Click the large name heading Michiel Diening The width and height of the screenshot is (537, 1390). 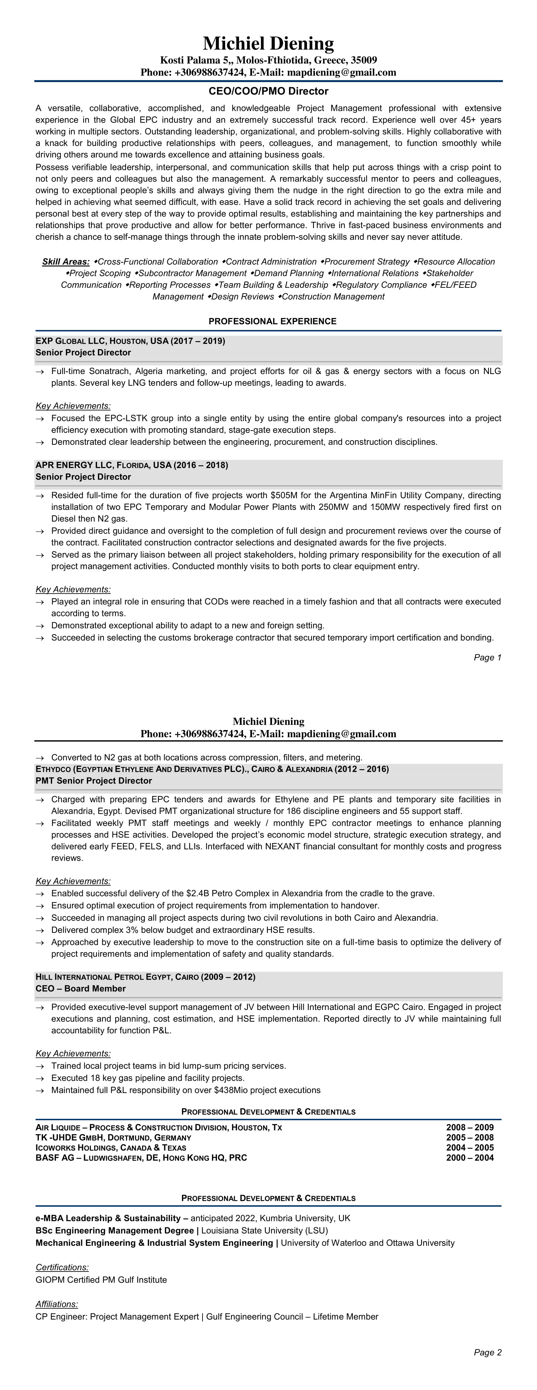268,43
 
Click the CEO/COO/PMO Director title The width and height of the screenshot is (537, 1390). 268,91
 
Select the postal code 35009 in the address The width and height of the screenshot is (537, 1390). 364,60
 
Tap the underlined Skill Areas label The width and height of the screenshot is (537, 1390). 66,262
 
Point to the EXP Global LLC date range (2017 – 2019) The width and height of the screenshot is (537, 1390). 198,341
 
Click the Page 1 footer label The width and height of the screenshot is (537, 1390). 487,657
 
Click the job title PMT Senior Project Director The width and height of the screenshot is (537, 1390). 94,781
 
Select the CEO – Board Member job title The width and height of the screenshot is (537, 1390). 81,988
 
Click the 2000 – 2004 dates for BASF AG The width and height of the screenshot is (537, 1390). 469,1157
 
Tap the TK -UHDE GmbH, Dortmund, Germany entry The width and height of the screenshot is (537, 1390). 113,1138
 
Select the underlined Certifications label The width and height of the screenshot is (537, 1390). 62,1267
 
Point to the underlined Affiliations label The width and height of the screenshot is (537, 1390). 57,1304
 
